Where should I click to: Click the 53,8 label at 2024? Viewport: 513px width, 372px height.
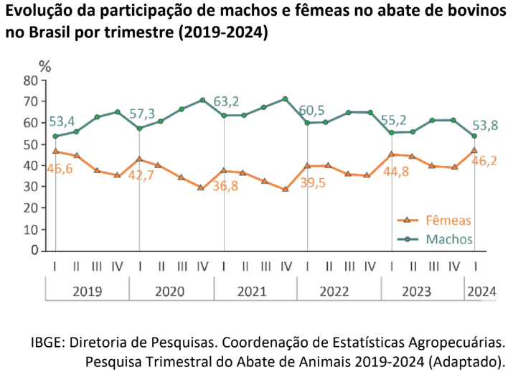[484, 125]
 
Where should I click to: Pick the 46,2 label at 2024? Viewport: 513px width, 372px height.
[484, 161]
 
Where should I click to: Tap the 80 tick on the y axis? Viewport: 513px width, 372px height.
[30, 80]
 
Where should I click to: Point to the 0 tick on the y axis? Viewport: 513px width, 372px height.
[34, 251]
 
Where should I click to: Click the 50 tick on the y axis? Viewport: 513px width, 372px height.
[30, 144]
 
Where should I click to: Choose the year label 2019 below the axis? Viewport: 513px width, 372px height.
[88, 292]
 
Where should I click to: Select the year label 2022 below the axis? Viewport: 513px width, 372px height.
[338, 292]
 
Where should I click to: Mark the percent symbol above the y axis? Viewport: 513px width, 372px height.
[45, 67]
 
